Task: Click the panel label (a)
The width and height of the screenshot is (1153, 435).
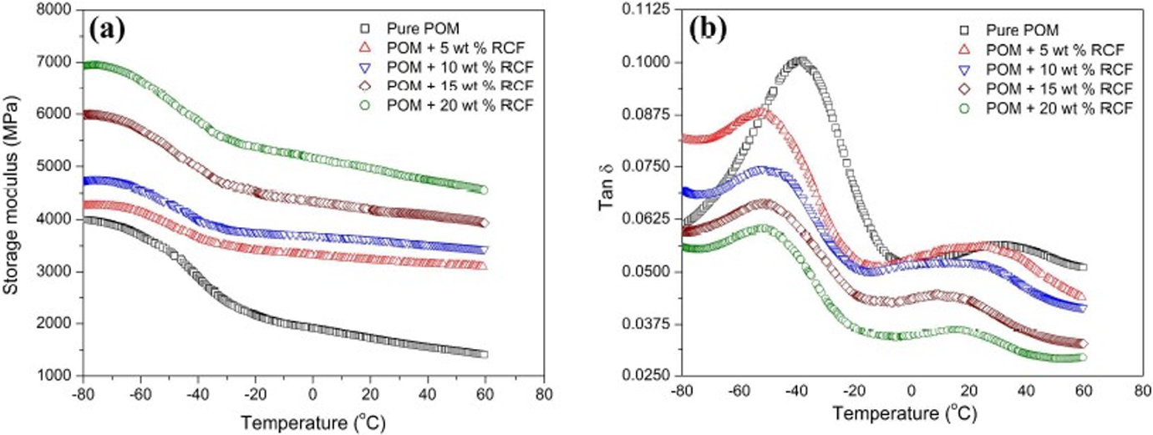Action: tap(107, 30)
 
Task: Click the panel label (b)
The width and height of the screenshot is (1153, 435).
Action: tap(709, 31)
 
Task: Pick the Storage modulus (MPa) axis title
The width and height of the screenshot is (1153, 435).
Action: tap(11, 194)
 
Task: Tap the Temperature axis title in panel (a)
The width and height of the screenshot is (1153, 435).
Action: tap(313, 423)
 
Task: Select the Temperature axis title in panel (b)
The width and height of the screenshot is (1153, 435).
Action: tap(904, 413)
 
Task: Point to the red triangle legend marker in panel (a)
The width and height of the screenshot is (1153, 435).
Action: tap(365, 48)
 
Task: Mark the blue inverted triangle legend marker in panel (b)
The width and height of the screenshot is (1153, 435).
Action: tap(965, 70)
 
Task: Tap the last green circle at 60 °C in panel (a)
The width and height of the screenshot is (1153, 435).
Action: tap(484, 190)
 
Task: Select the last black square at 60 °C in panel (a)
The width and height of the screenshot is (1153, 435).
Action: tap(484, 354)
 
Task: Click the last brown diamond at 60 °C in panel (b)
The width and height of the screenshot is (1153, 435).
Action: tap(1083, 343)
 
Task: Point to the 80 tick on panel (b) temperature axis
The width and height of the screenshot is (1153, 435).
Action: tap(1141, 392)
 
